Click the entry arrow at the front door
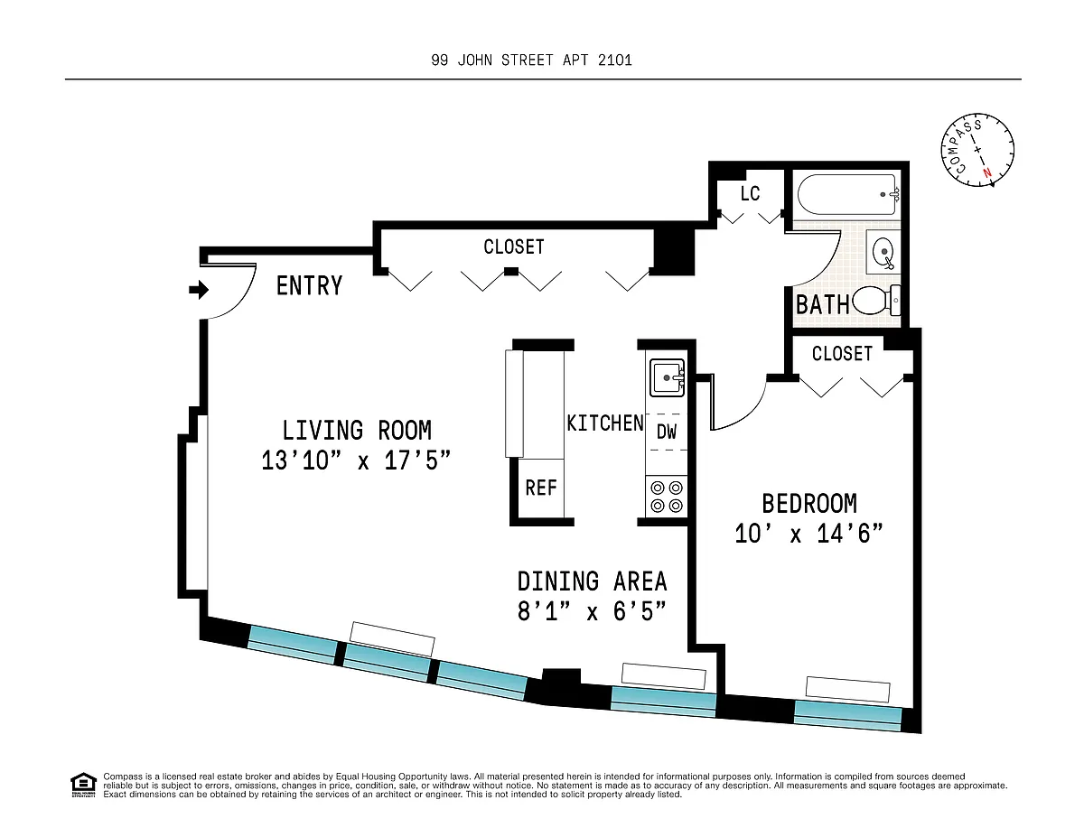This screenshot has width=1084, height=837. point(199,289)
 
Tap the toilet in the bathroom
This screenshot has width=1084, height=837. point(876,301)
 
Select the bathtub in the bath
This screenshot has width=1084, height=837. point(848,194)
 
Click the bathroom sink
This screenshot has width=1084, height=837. point(883,252)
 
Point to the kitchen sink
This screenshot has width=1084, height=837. point(667,378)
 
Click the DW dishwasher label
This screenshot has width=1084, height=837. point(667,432)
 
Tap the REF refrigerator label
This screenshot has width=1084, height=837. point(541,488)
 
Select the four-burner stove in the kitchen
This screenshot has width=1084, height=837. point(667,497)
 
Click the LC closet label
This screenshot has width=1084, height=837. point(750,194)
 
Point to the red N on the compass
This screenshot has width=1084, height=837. point(986,173)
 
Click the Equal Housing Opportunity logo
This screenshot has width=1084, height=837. point(83,786)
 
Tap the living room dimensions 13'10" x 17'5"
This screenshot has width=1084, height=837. point(356,460)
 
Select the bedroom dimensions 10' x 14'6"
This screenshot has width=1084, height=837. point(808,534)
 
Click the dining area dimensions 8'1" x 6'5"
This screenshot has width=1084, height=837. point(592,611)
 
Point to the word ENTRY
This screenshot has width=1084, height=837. point(309,286)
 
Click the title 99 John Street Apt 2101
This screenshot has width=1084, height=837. point(531,60)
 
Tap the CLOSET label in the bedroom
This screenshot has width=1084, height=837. point(842,354)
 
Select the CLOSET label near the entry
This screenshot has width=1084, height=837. point(514,246)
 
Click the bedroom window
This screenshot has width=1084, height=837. point(847,716)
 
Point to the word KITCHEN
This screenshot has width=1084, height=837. point(605,423)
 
